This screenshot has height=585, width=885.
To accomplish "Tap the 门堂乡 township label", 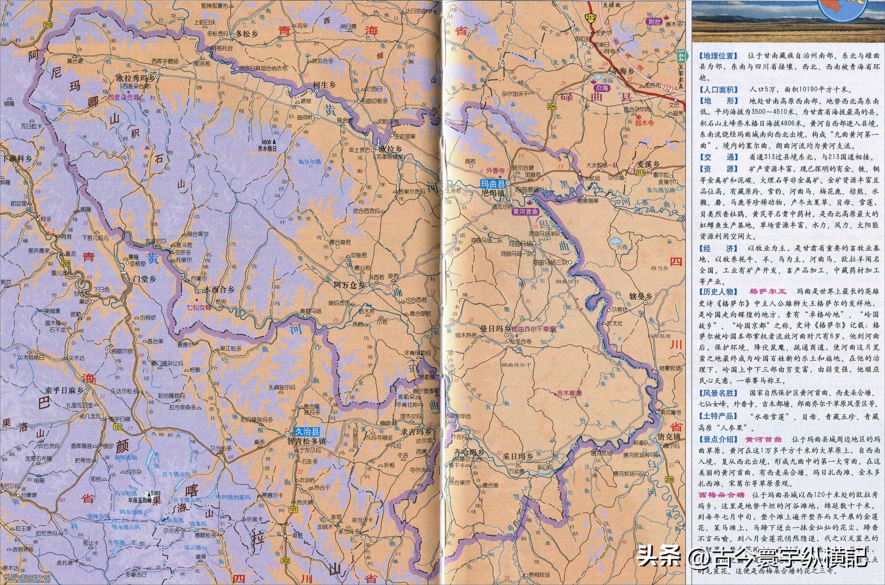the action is [x=145, y=279].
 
